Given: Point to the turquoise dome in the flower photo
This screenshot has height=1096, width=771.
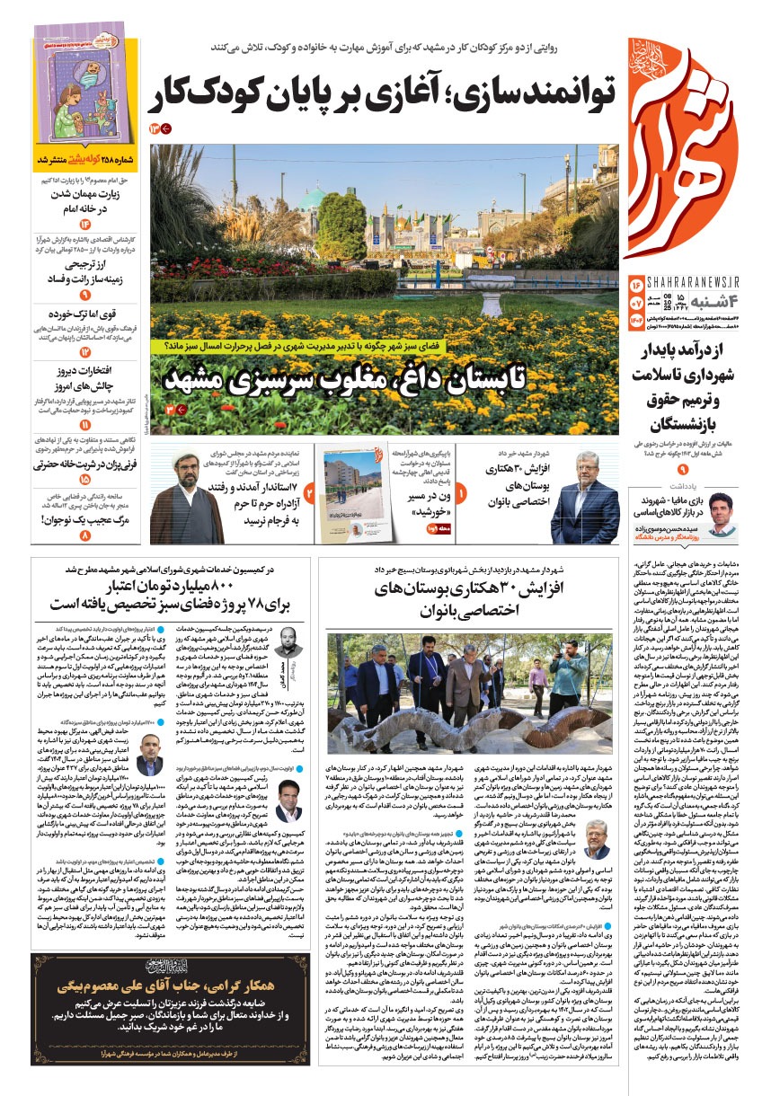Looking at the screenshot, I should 315,199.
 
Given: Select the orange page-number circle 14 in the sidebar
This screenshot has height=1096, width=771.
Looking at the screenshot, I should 84,224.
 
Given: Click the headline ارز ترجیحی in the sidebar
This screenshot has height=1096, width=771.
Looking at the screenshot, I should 87,266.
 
